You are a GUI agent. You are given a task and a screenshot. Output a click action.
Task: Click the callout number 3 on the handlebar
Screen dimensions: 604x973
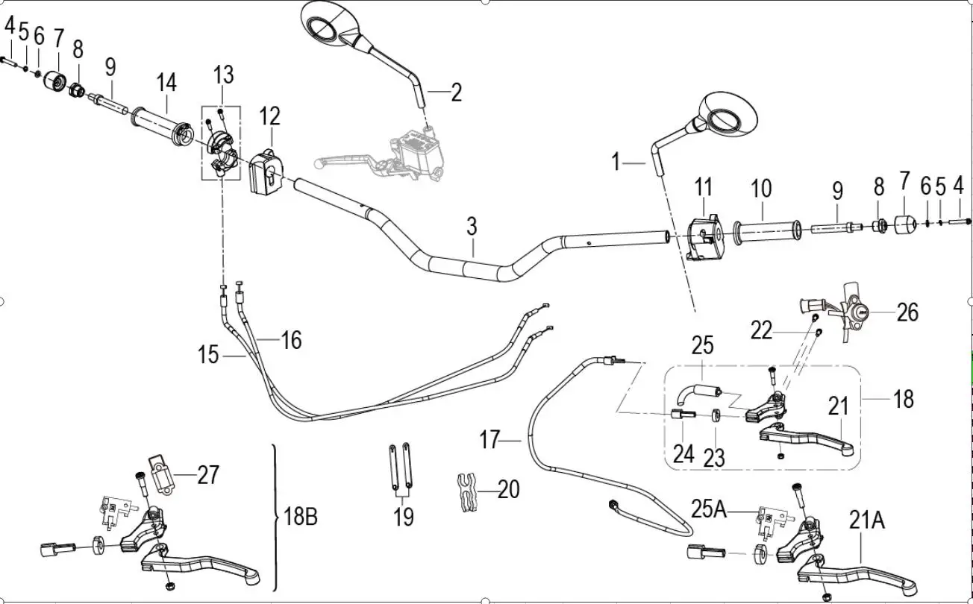pyautogui.click(x=472, y=227)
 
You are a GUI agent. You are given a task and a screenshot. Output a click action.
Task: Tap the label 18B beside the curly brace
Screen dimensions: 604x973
pyautogui.click(x=301, y=516)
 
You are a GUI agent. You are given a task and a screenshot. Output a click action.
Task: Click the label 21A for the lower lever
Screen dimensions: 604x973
pyautogui.click(x=866, y=520)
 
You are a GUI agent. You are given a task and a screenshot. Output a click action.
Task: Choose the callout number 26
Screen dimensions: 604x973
pyautogui.click(x=907, y=312)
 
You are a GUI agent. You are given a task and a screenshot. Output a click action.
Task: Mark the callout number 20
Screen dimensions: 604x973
pyautogui.click(x=508, y=489)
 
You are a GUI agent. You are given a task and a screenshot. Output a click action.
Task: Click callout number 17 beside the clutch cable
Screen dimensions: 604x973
pyautogui.click(x=489, y=440)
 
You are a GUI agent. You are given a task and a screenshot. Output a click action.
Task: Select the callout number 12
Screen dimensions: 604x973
pyautogui.click(x=269, y=116)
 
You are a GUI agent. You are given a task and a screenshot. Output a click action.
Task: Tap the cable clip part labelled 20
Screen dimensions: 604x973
pyautogui.click(x=466, y=494)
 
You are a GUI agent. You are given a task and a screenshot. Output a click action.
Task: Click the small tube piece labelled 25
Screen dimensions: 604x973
pyautogui.click(x=695, y=390)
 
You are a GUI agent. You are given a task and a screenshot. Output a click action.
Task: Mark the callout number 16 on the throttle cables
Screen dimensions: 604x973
pyautogui.click(x=291, y=340)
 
